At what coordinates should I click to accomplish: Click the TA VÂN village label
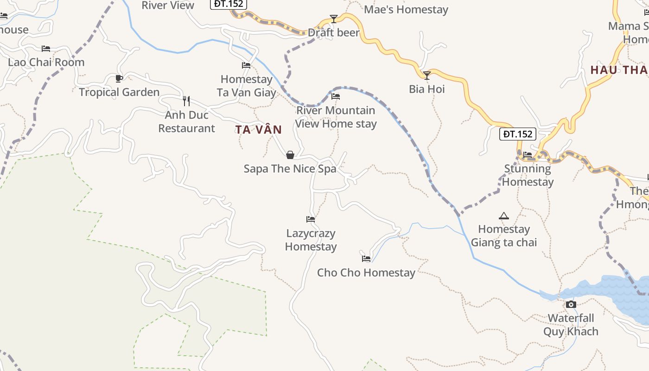[258, 129]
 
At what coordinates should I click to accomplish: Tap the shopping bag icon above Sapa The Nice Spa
[290, 155]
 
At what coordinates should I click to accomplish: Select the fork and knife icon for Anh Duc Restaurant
[186, 101]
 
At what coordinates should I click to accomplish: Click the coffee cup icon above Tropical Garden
[119, 78]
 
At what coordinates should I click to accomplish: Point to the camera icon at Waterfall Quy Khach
[571, 305]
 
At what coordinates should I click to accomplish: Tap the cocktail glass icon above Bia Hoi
[427, 75]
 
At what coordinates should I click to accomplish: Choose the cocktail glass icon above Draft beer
[334, 19]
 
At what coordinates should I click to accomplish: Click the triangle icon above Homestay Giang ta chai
[503, 216]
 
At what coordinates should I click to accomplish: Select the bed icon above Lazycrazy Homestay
[311, 219]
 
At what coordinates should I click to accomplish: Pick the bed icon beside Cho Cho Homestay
[366, 259]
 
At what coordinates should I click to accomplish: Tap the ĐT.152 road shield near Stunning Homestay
[518, 134]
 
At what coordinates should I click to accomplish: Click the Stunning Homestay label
[528, 175]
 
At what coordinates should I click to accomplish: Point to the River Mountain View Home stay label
[336, 117]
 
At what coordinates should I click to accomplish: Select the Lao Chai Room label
[46, 62]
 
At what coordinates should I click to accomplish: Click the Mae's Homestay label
[406, 10]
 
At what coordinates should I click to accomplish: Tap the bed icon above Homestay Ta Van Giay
[246, 65]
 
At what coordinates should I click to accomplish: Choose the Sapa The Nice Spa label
[290, 169]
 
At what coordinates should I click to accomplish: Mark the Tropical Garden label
[119, 92]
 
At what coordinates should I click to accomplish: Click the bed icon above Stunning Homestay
[528, 155]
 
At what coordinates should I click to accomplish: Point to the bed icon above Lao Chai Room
[45, 48]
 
